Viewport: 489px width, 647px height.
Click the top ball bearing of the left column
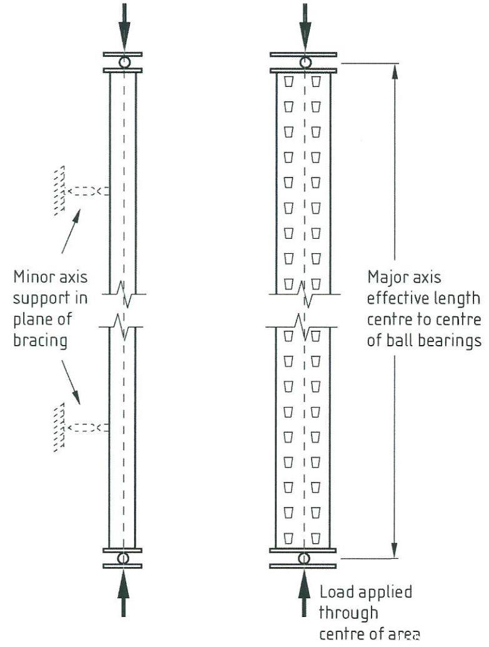point(123,62)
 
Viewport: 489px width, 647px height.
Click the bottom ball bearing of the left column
point(123,557)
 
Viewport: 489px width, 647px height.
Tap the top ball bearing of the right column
point(304,62)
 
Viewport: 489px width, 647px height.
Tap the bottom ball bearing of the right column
point(304,558)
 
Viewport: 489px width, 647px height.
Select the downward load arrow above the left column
point(123,28)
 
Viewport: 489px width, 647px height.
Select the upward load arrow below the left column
point(123,591)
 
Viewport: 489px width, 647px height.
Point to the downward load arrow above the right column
point(304,28)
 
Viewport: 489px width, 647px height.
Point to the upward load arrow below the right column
point(304,591)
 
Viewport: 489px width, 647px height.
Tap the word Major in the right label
point(385,277)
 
